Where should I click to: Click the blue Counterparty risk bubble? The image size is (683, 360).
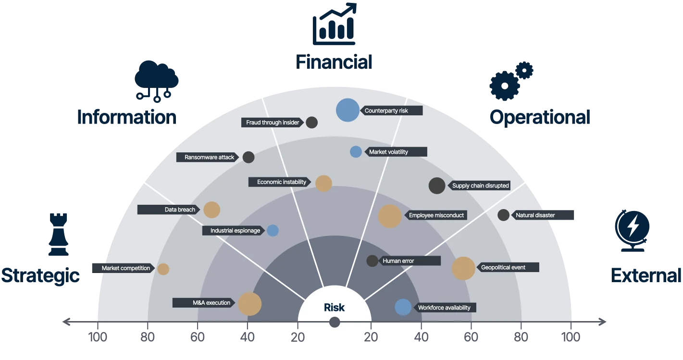click(x=348, y=110)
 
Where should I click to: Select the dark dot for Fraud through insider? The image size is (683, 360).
click(x=311, y=123)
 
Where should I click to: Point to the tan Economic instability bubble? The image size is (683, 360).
click(x=323, y=184)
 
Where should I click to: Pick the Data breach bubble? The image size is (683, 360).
click(x=211, y=210)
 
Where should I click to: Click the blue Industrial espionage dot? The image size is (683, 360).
click(x=273, y=230)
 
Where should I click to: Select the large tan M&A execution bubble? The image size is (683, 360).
click(x=250, y=304)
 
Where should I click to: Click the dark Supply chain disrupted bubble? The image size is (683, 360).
click(x=437, y=186)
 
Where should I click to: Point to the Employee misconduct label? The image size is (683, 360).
click(x=436, y=215)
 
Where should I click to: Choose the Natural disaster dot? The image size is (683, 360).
click(x=503, y=215)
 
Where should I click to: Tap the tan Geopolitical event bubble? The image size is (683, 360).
click(x=463, y=268)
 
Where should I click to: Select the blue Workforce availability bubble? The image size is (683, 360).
click(x=403, y=307)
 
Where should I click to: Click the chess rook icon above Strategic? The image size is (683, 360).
click(x=58, y=235)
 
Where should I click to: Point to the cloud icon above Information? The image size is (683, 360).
click(x=156, y=81)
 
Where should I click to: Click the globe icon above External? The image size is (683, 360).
click(x=632, y=231)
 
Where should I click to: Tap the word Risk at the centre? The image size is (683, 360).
click(x=334, y=307)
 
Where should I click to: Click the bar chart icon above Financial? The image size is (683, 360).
click(x=335, y=24)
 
